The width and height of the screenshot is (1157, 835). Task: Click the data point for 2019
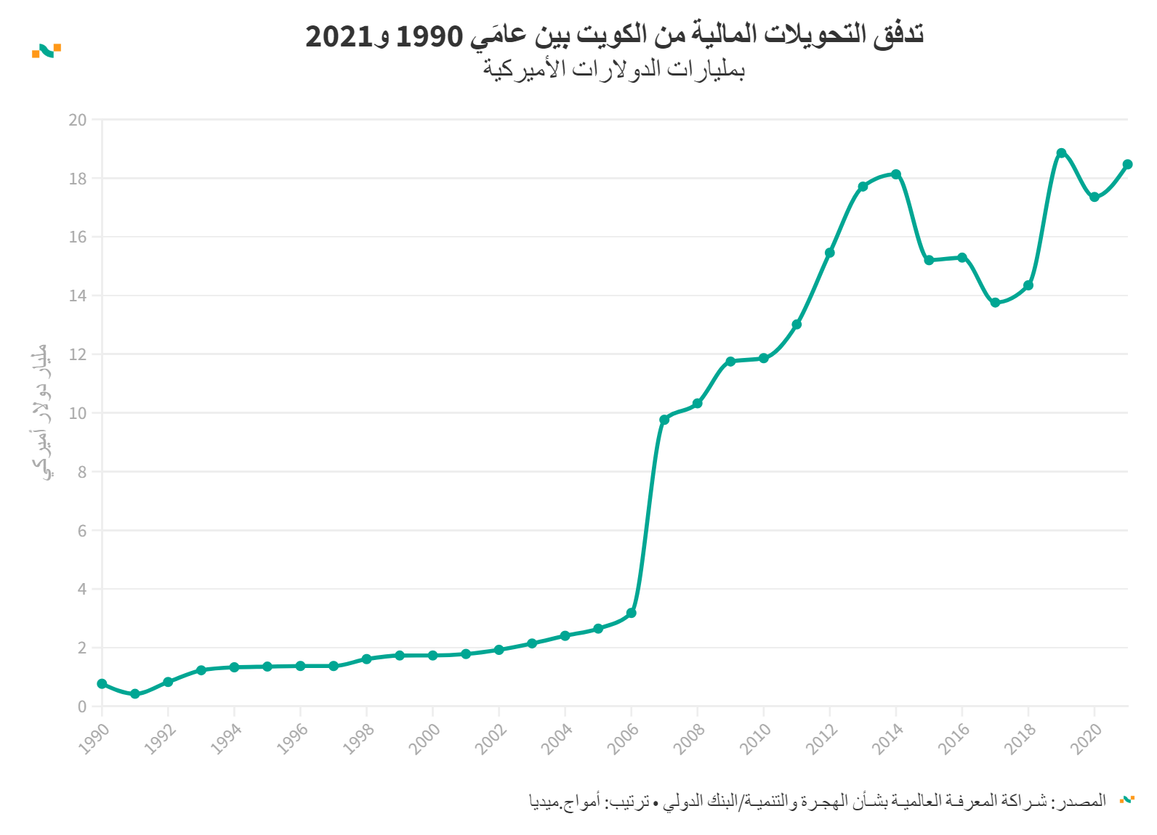click(1061, 153)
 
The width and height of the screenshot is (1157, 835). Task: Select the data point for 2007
click(664, 420)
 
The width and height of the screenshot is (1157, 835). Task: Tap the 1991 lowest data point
click(135, 694)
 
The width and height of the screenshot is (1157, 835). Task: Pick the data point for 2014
click(896, 174)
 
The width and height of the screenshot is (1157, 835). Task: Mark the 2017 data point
click(995, 303)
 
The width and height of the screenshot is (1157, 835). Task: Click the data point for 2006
click(631, 614)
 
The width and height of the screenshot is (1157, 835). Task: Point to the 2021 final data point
click(1127, 165)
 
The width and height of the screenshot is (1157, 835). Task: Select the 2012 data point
click(830, 253)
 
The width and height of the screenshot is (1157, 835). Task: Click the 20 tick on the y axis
click(78, 120)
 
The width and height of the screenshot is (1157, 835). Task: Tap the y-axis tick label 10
click(78, 413)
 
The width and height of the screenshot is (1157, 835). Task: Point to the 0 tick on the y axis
click(82, 706)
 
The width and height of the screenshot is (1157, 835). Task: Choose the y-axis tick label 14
click(78, 296)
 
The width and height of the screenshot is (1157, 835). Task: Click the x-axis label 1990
click(94, 738)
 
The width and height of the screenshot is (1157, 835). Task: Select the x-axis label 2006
click(623, 738)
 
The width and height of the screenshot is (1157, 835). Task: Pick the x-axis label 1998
click(358, 738)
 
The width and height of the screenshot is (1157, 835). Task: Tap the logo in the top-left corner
click(47, 50)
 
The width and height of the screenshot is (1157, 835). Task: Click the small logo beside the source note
click(1126, 799)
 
